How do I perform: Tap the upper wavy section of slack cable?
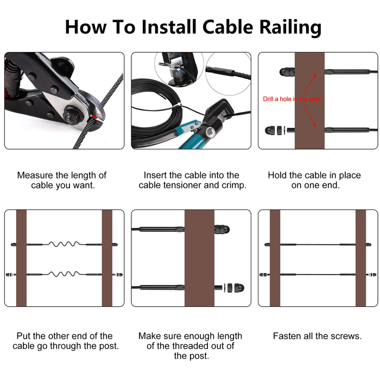tap(64, 244)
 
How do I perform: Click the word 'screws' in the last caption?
tap(346, 336)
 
